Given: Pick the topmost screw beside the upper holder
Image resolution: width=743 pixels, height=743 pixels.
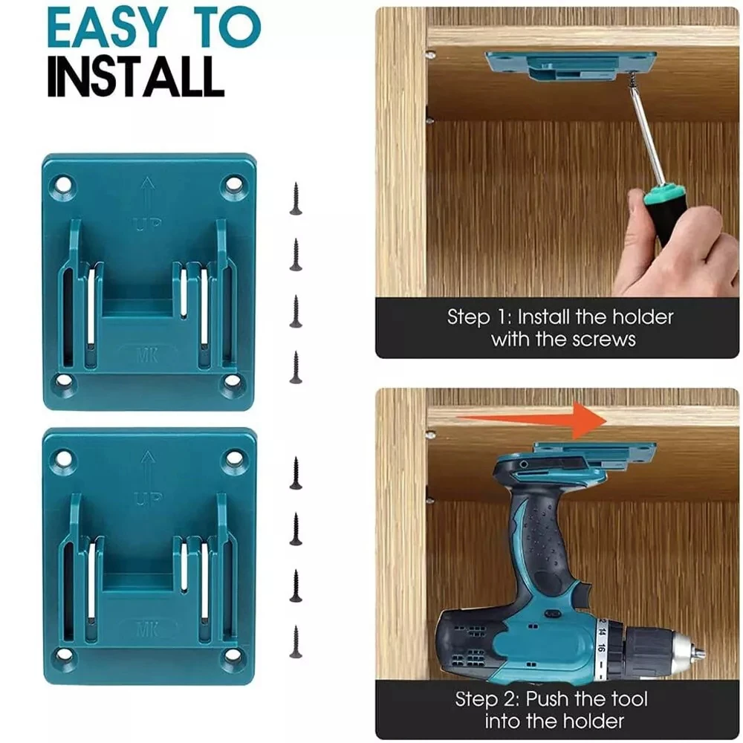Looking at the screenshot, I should coord(296,199).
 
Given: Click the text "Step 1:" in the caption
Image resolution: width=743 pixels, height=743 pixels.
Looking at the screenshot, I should coord(480,318).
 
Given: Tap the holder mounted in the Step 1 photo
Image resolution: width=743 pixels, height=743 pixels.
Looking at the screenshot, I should coord(571,62).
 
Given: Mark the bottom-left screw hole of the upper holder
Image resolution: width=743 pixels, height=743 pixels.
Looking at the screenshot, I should coord(62,381).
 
